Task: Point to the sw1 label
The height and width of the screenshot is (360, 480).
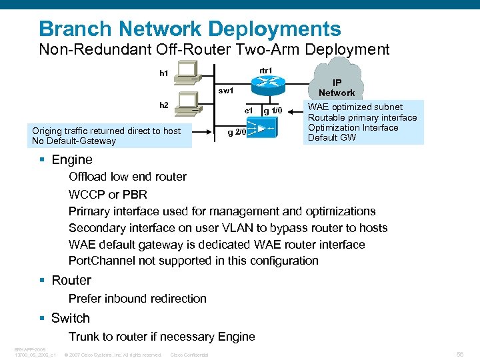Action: pyautogui.click(x=227, y=90)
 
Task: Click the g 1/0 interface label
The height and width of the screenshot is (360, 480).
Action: pyautogui.click(x=273, y=111)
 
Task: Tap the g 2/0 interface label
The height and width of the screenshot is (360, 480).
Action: pyautogui.click(x=236, y=132)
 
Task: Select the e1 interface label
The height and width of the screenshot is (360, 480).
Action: pyautogui.click(x=248, y=110)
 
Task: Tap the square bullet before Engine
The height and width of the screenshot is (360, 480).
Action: pyautogui.click(x=43, y=160)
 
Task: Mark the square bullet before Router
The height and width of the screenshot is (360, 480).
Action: pyautogui.click(x=43, y=281)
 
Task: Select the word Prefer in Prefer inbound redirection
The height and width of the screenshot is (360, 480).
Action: pyautogui.click(x=85, y=299)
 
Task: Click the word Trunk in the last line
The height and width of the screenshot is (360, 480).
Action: pyautogui.click(x=84, y=337)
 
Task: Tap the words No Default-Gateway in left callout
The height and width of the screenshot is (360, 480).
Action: pyautogui.click(x=74, y=141)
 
